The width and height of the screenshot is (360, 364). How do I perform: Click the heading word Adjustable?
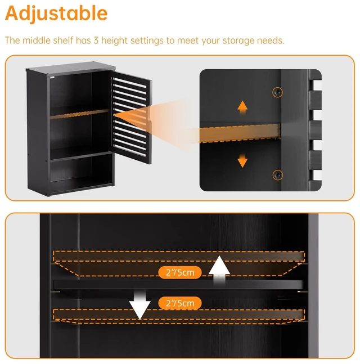coord(56,14)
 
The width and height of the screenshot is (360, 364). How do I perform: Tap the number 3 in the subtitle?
coord(96,41)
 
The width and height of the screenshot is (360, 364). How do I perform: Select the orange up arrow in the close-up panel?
coord(242,107)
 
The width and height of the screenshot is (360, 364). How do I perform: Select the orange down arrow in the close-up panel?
coord(242,160)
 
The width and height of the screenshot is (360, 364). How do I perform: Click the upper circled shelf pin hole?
coord(277,92)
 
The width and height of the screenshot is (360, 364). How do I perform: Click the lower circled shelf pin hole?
coord(278,175)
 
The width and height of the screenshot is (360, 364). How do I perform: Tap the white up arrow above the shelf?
coord(219,269)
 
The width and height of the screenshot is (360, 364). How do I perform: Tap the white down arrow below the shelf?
coord(139,305)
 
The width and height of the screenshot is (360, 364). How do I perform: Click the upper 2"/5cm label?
coord(180,272)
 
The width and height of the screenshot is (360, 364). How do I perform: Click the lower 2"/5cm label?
coord(180,303)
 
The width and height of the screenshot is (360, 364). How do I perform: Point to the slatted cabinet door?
coord(131,117)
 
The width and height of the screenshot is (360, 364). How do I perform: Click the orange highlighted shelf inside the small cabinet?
coord(79,114)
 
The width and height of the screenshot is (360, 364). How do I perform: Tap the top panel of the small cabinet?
coord(71,68)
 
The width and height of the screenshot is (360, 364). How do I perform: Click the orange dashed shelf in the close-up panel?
coord(240,133)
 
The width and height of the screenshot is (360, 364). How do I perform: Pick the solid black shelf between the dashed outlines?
coord(178,285)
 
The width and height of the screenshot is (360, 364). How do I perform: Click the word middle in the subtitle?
coord(37,41)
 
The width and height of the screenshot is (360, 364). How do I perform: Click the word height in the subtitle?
coord(114,41)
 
